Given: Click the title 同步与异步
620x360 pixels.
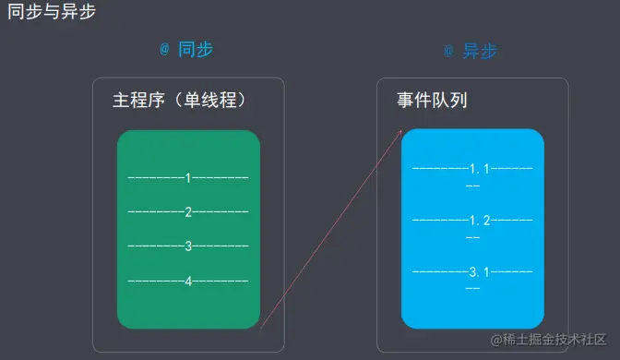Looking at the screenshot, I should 51,13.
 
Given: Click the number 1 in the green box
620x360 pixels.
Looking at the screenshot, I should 188,177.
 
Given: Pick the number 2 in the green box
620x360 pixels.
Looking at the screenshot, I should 188,212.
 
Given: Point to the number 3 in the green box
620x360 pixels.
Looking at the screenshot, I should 188,246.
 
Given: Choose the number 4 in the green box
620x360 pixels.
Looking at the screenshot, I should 188,281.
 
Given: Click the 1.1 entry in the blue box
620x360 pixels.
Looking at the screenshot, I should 479,170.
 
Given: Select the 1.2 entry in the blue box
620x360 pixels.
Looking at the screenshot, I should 479,221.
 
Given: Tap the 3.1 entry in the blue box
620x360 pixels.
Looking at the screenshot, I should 479,271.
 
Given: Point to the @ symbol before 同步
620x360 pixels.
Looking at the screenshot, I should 164,50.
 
